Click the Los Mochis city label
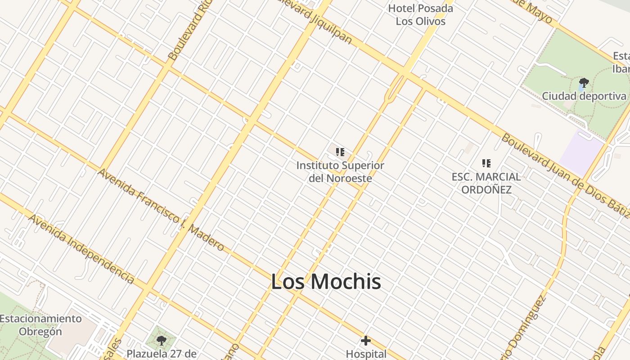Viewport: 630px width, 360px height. pos(326,282)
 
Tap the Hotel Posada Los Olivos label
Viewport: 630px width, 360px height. pos(420,14)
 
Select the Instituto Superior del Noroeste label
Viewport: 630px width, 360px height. pos(340,172)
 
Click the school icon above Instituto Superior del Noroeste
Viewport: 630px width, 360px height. pos(340,152)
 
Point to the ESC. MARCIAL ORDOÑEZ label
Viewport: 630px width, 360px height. pos(486,183)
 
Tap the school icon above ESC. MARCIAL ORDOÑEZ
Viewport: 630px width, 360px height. pos(486,163)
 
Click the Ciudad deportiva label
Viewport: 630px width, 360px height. pos(584,96)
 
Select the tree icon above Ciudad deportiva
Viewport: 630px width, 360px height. pos(584,83)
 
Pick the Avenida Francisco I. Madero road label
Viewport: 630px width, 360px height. pos(161,210)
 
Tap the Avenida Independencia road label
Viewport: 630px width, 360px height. pos(81,248)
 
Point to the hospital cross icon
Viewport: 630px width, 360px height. pos(366,341)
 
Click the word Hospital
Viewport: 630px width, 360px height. pos(366,354)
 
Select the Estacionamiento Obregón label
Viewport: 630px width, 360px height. pos(40,325)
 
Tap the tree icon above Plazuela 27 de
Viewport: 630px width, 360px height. pos(162,341)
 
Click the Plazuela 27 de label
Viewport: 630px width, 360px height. pos(162,354)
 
